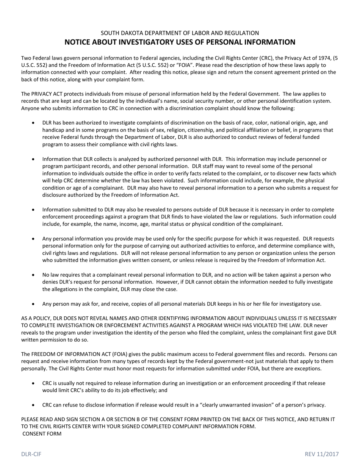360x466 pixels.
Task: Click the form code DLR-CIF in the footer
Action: [31, 454]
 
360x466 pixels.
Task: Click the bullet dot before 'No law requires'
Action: [34, 275]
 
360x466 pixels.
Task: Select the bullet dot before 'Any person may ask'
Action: [34, 304]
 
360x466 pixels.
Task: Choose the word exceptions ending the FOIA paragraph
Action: [308, 369]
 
